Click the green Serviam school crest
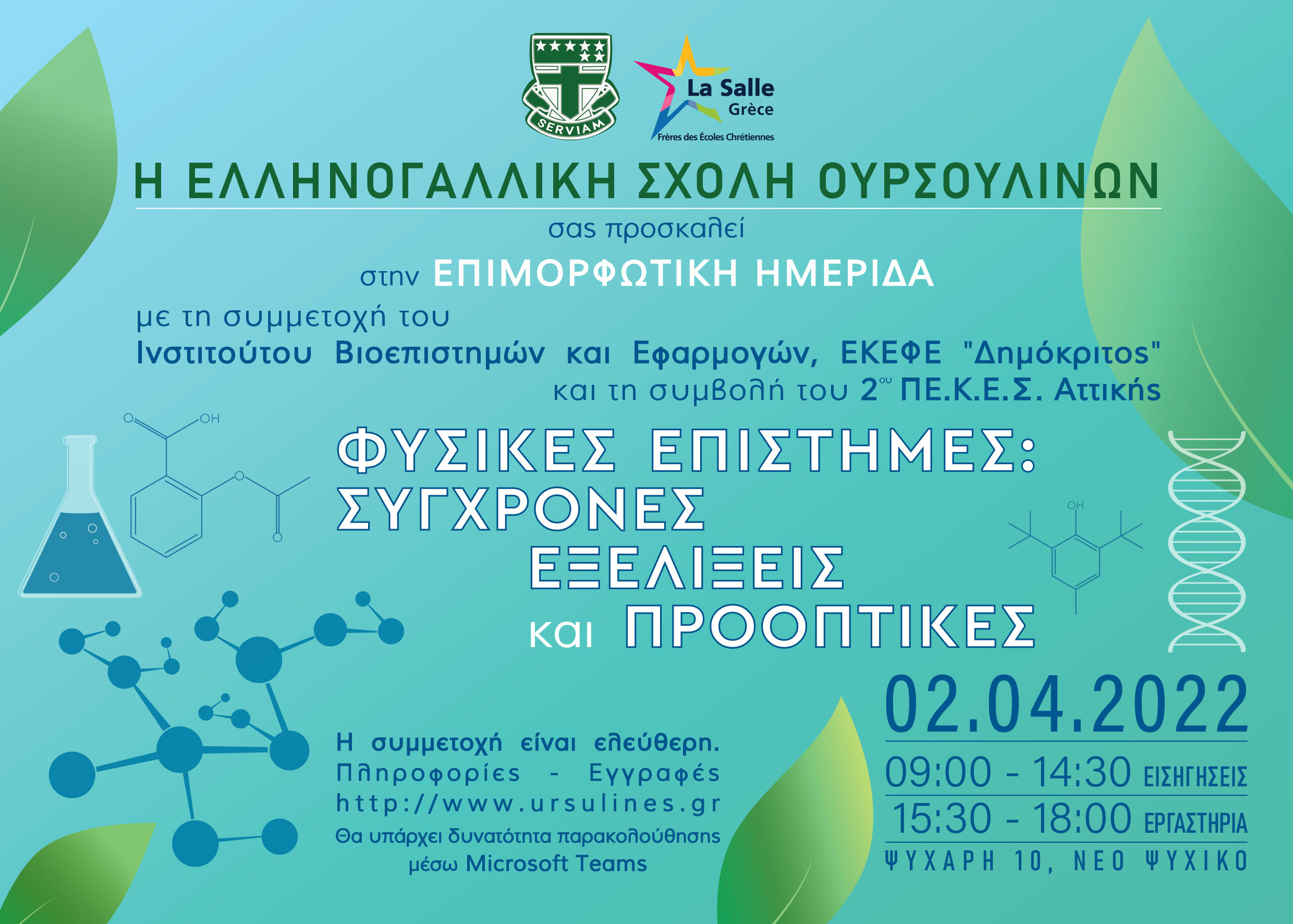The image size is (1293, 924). click(x=570, y=86)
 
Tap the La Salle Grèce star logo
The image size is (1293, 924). click(x=704, y=89)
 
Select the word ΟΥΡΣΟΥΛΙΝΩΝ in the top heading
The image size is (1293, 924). click(x=989, y=181)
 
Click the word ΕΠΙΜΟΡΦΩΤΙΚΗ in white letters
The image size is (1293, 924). click(x=585, y=273)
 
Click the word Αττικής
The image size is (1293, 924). click(x=1107, y=391)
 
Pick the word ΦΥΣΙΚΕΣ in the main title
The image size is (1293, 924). click(x=477, y=451)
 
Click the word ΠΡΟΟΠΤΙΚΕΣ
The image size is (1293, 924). click(x=830, y=626)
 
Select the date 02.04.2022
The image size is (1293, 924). click(x=1066, y=705)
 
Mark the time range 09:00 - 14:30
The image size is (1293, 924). click(x=1007, y=772)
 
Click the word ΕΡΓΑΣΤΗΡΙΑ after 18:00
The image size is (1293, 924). click(x=1196, y=823)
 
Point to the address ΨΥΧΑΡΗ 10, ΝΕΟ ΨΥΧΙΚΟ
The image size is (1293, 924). click(x=1066, y=861)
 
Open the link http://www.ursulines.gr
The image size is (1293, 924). click(x=529, y=804)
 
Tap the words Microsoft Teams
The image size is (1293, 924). click(x=556, y=864)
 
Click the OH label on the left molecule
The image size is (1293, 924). click(x=210, y=419)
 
